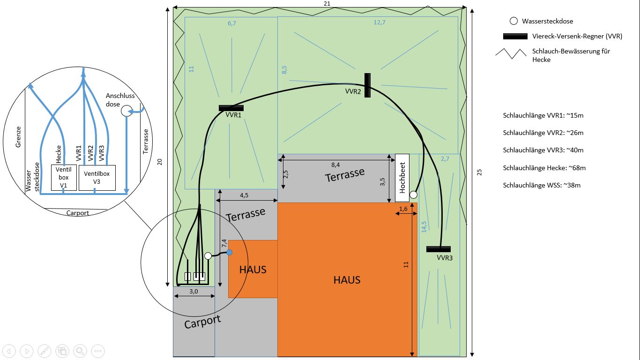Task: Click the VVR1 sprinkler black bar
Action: (231, 108)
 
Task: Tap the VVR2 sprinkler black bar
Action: (367, 85)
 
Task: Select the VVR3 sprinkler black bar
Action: (439, 249)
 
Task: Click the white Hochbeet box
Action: (402, 178)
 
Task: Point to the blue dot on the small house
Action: (229, 253)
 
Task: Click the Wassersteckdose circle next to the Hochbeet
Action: (413, 195)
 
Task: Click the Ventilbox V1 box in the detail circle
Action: (64, 177)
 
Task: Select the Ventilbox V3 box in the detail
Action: (97, 177)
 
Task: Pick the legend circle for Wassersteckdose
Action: (513, 21)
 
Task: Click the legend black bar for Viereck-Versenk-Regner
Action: (515, 36)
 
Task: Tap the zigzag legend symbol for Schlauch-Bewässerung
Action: (511, 53)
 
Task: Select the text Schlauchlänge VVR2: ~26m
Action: (543, 133)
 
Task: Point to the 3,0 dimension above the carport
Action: (193, 291)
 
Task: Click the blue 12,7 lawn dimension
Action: (379, 22)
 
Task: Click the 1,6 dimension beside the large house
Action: (403, 209)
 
